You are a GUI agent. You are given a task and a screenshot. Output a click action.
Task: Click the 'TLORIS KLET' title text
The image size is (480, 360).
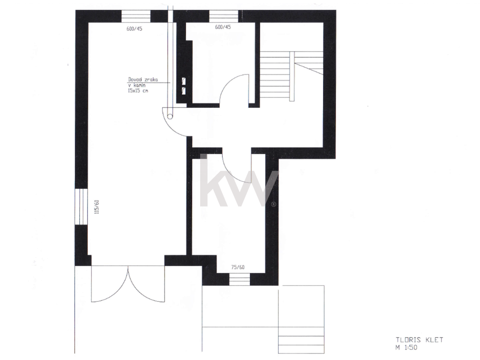point(420,340)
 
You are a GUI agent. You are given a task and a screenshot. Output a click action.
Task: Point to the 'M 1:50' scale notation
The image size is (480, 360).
point(406,348)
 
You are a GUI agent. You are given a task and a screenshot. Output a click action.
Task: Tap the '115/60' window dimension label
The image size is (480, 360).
point(97,207)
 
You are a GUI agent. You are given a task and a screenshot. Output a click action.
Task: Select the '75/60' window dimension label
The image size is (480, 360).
point(238,267)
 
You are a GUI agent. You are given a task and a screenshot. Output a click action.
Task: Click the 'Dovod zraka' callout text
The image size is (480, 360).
point(143,80)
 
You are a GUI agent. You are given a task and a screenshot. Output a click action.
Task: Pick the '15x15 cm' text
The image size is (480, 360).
point(138,91)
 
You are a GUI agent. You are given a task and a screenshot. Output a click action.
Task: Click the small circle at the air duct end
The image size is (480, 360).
point(170,116)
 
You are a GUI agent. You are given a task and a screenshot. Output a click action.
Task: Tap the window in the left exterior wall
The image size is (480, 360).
point(82,207)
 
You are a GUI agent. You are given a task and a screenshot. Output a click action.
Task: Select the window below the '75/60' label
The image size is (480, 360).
point(240,279)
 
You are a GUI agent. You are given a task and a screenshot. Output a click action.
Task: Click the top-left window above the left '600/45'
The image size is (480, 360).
point(136,16)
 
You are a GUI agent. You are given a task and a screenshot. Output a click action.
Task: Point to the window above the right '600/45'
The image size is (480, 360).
point(224,16)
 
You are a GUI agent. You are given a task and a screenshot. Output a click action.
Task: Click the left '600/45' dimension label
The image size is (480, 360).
point(135,29)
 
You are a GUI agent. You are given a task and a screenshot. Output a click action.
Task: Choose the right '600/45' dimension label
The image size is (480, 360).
point(223,27)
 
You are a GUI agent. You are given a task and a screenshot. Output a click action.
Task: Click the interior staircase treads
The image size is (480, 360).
point(276,76)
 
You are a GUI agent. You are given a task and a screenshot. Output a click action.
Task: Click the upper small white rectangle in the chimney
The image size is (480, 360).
point(184,81)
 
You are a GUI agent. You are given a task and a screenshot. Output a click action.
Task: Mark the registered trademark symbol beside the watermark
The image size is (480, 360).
point(274,204)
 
